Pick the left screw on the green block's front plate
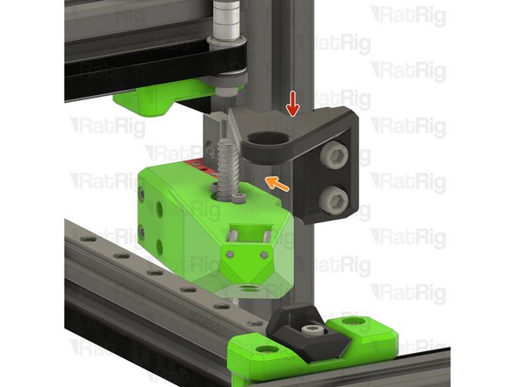229,253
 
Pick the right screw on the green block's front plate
260,254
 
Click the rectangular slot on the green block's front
246,233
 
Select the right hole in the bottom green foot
354,323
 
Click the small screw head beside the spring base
214,186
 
